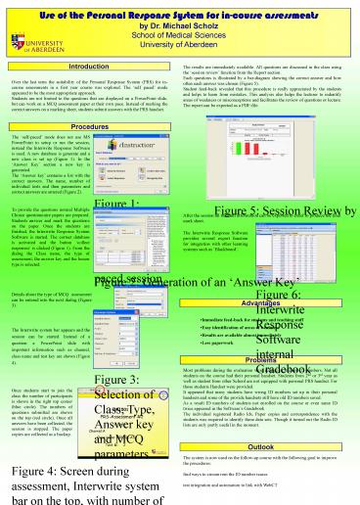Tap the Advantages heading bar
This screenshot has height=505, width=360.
tap(270, 275)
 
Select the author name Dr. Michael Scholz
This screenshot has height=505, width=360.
tap(181, 20)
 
